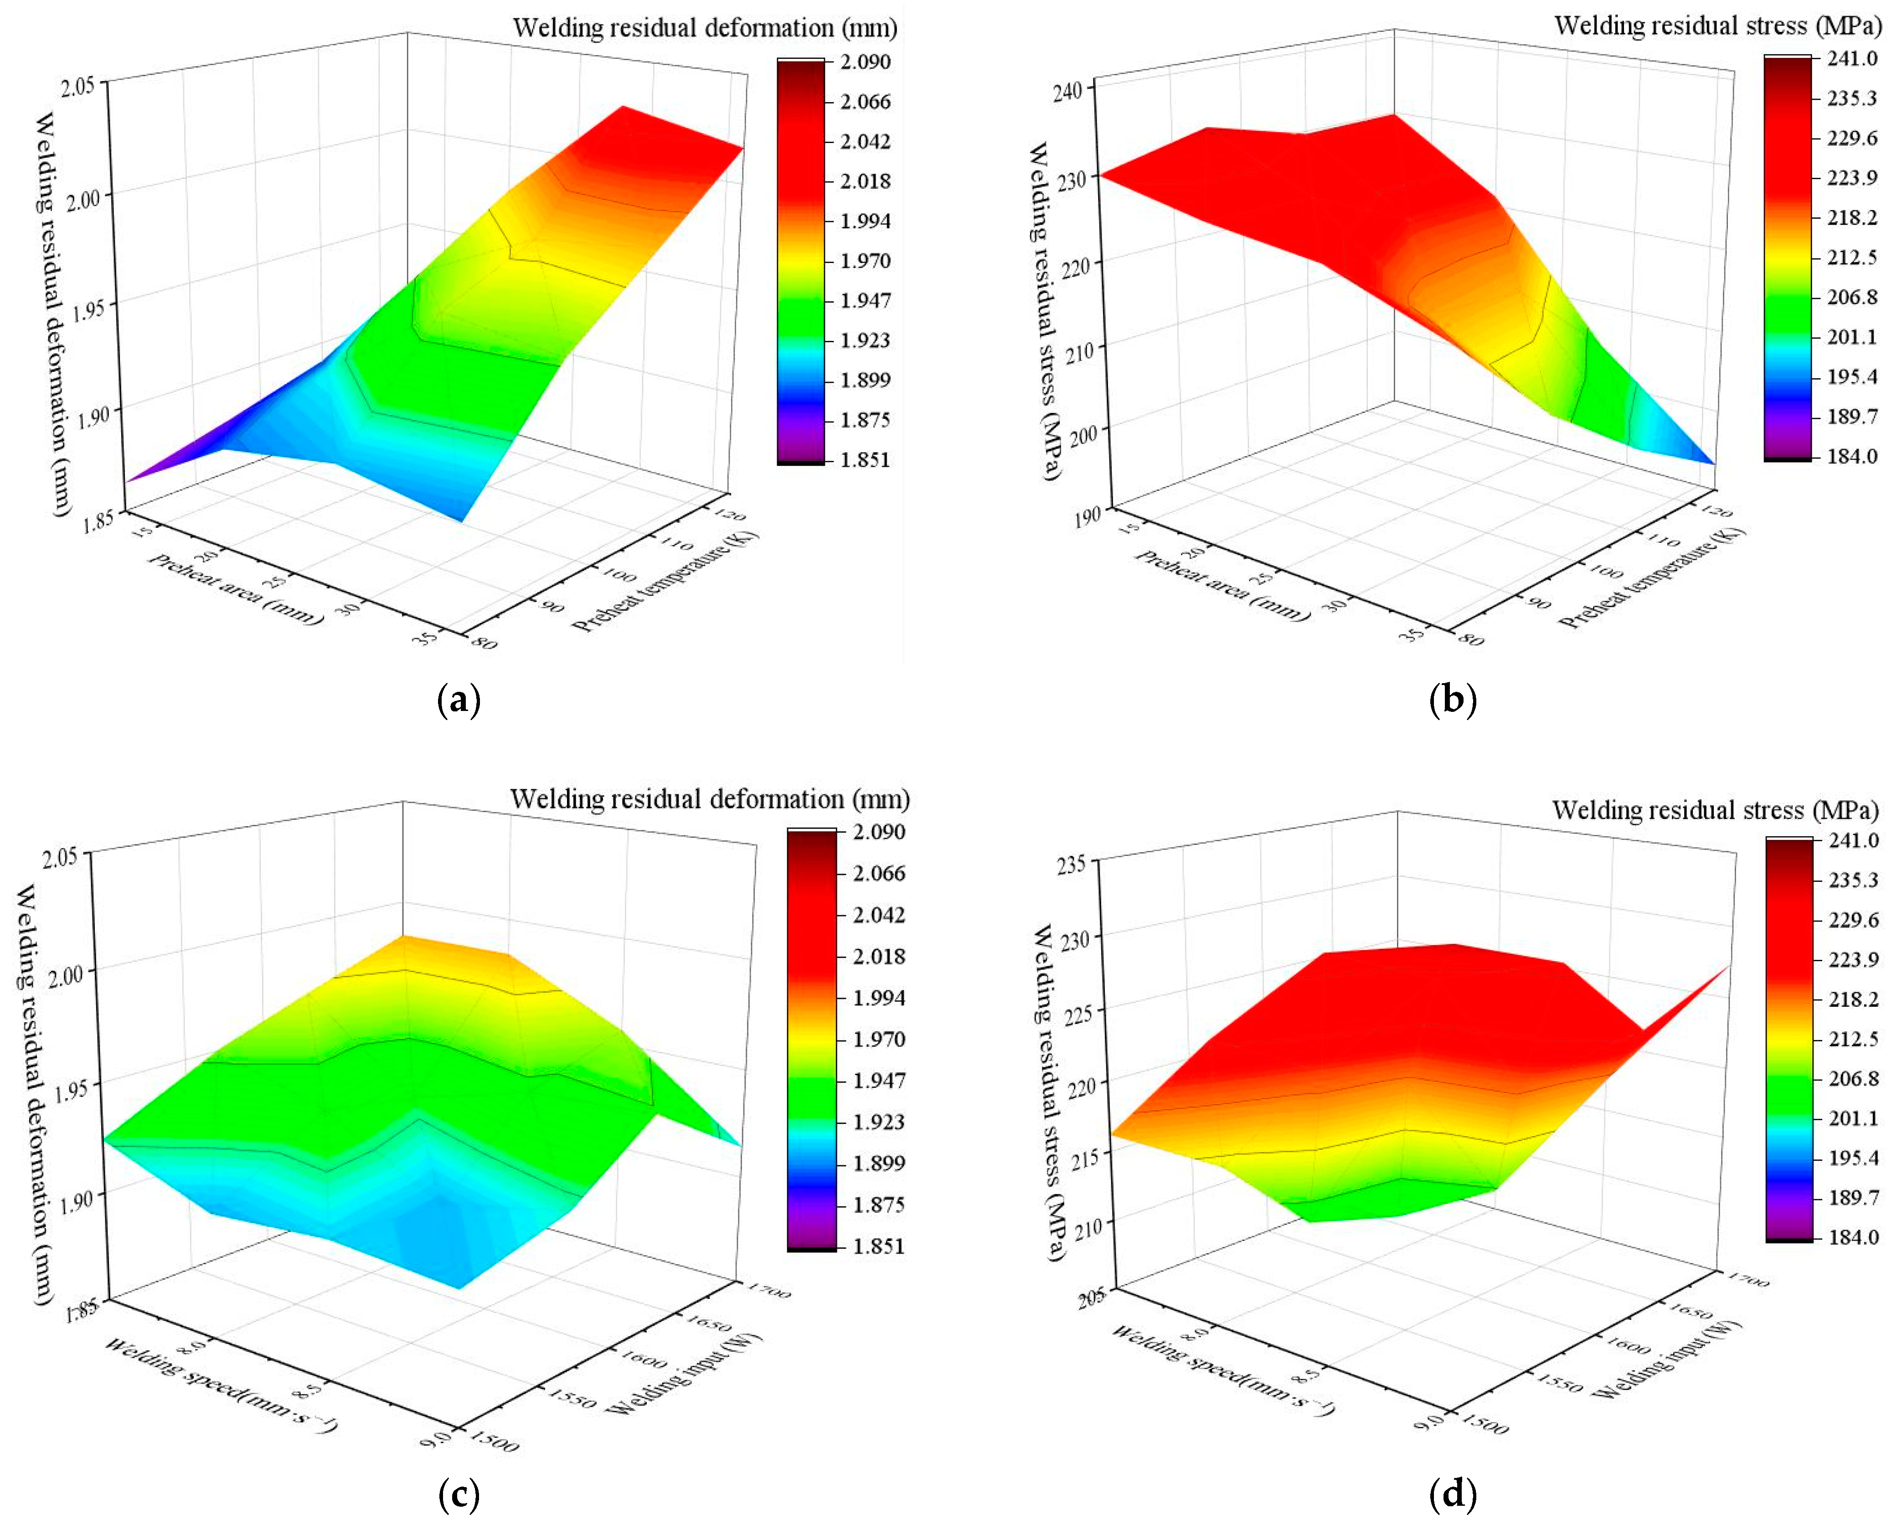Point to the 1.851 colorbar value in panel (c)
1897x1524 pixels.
(x=878, y=1246)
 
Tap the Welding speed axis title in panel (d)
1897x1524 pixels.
(x=1223, y=1370)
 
